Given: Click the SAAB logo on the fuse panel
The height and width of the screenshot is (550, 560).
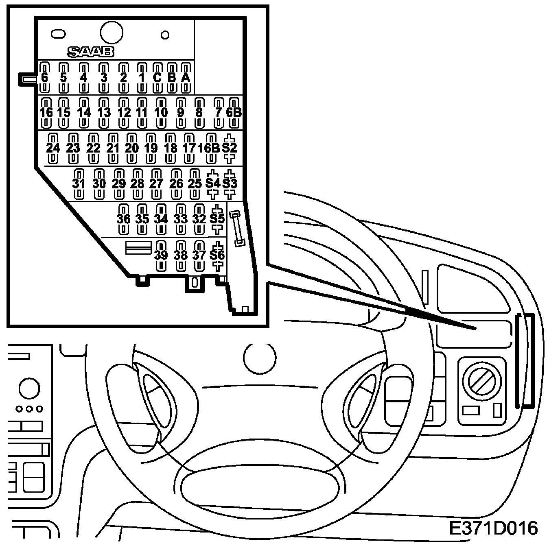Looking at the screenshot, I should tap(90, 52).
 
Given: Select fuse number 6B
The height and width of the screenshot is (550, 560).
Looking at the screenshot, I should tap(234, 112).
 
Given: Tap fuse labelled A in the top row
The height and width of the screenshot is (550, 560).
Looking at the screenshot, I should tap(186, 77).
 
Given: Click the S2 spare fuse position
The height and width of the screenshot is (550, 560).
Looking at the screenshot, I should tap(230, 148).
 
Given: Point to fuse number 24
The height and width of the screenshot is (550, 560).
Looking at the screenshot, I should tap(53, 148).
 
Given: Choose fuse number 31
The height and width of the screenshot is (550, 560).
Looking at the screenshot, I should tap(79, 183).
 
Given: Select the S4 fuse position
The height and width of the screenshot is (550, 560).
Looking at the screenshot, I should tap(212, 183).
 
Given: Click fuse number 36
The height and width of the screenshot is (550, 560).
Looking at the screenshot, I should tap(124, 219).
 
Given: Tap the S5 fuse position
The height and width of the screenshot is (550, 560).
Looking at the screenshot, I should tap(217, 219).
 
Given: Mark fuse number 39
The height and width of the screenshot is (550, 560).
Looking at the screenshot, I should tap(161, 255).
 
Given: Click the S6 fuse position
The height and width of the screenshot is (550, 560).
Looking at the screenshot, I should tap(217, 255).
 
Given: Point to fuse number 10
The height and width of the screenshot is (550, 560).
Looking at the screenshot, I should tap(161, 112).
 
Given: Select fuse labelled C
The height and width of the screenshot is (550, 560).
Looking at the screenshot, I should tap(157, 77).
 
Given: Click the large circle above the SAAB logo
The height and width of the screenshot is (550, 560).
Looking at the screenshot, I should tap(111, 32).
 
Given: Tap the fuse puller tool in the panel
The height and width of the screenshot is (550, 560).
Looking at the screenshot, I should tap(237, 228).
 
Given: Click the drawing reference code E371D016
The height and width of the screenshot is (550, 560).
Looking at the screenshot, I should tap(493, 528).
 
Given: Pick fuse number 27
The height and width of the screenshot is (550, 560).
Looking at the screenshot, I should tap(156, 183).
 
